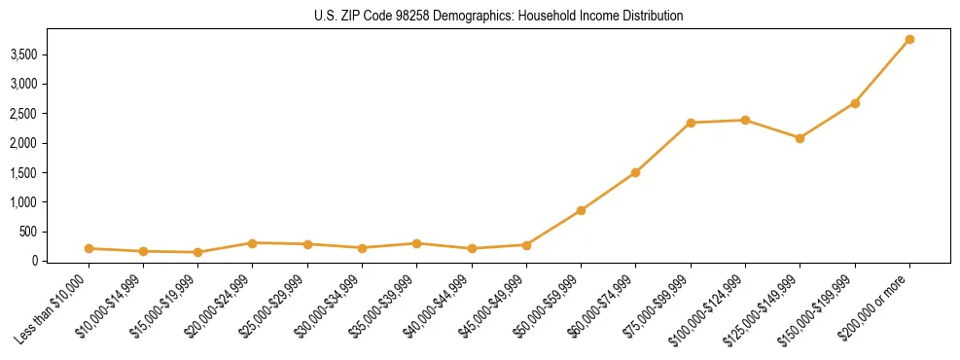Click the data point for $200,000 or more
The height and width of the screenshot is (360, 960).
(x=909, y=39)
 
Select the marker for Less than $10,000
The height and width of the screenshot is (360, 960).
(x=89, y=248)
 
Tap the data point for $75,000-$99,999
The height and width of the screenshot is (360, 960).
(x=691, y=123)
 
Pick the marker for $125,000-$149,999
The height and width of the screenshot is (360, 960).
(x=800, y=138)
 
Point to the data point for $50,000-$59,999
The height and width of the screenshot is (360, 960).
(x=581, y=210)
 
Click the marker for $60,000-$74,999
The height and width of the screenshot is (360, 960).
(x=635, y=172)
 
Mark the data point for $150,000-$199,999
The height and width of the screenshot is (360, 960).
(x=855, y=103)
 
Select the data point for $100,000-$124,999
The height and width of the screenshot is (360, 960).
(x=745, y=120)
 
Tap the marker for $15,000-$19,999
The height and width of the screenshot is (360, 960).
(x=198, y=252)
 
